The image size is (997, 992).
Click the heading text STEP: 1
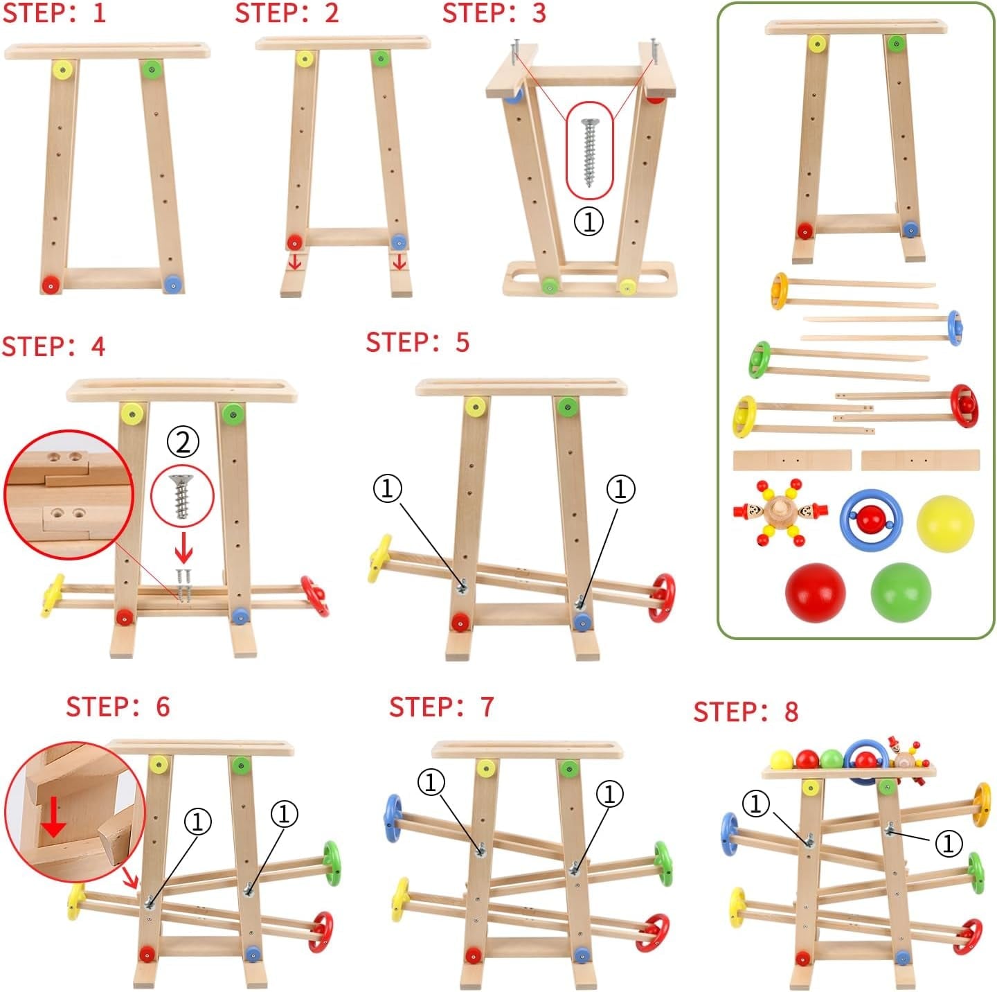point(54,13)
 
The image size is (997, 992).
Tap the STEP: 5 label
point(417,342)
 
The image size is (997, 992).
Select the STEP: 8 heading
point(746,711)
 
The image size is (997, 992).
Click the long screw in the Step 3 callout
point(590,152)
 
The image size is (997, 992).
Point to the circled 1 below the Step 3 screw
point(589,222)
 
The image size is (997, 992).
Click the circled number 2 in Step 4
point(183,442)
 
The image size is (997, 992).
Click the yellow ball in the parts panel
point(945,523)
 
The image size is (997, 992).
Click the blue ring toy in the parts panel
point(864,519)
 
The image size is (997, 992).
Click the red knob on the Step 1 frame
point(51,284)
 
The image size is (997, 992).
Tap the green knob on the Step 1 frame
point(150,69)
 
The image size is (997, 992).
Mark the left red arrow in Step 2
point(295,262)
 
